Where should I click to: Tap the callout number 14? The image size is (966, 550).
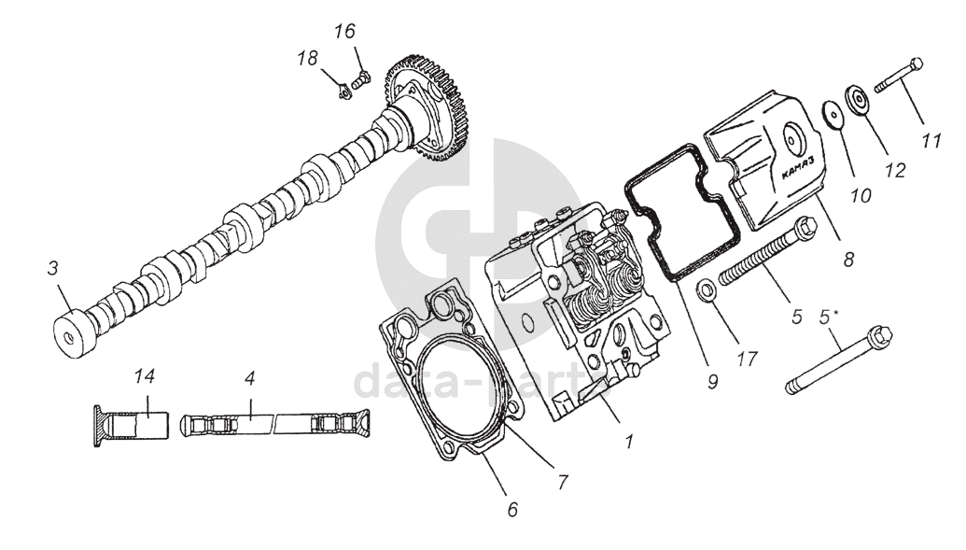(143, 376)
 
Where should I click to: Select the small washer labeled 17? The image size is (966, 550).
(707, 290)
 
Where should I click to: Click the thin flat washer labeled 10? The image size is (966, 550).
(831, 111)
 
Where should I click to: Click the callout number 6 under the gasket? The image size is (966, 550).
(512, 510)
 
